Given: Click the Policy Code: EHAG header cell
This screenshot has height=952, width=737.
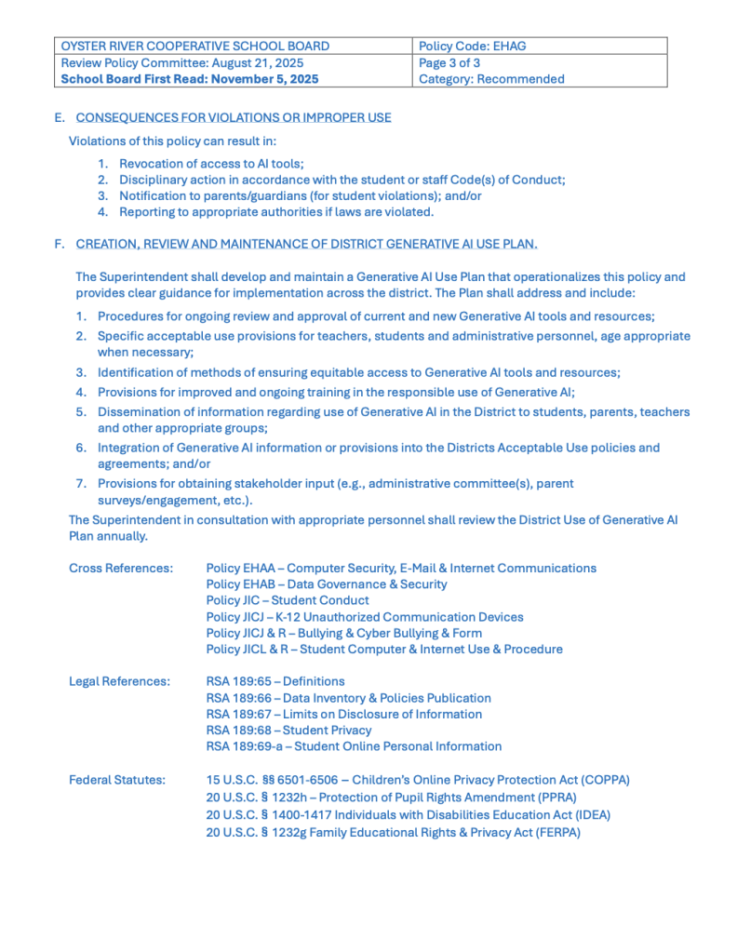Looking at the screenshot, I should [x=474, y=46].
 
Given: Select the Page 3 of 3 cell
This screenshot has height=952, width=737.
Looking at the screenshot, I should [x=449, y=62].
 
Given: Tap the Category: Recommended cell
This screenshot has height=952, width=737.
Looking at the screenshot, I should [x=491, y=79].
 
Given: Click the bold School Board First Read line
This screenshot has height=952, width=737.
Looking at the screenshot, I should [x=189, y=79].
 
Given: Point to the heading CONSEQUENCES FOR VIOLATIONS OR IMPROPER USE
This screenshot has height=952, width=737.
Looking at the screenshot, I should [x=233, y=117].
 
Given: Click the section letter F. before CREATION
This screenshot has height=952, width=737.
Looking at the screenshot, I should [x=60, y=244].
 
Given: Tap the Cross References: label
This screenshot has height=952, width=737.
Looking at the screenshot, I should [x=121, y=568].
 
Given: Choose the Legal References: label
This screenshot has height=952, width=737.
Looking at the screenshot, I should [x=119, y=681].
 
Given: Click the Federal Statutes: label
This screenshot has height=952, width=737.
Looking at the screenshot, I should [x=117, y=780].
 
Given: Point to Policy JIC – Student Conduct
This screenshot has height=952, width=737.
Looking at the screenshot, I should [x=287, y=600].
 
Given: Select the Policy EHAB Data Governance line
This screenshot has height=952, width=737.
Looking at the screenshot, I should [x=326, y=584].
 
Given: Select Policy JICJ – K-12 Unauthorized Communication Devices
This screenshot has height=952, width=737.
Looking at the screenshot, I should [x=364, y=616].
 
